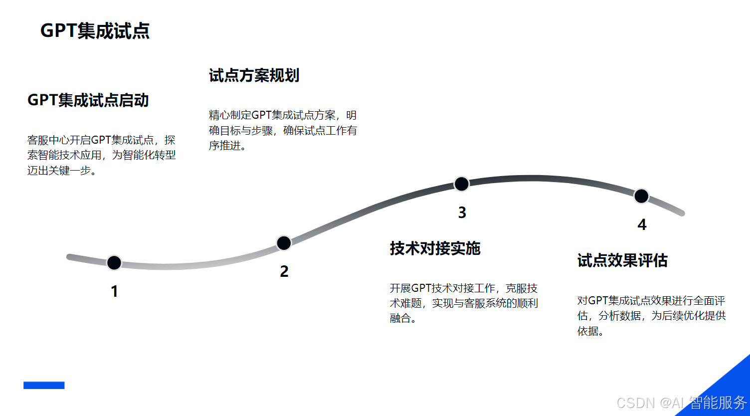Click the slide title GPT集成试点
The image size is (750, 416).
point(95,31)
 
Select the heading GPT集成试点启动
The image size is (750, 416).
point(88,100)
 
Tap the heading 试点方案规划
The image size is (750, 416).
point(254,75)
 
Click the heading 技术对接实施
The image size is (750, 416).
point(435,248)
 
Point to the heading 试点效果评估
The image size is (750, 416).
point(622,260)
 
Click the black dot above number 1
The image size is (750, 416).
point(114,262)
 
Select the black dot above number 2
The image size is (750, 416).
point(284,243)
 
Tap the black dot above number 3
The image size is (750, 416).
point(462,184)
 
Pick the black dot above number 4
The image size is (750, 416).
point(641,196)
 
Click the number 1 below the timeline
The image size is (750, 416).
point(115,291)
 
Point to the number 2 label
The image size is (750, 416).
point(284,271)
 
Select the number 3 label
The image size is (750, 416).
point(462,212)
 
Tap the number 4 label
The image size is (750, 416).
point(642,225)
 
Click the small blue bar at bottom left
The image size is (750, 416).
point(44,385)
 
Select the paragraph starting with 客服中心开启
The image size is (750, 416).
point(101,155)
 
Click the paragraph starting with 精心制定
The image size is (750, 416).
point(283,130)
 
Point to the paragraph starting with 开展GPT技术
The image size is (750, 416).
point(464,303)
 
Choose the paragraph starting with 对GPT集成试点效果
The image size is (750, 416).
point(651,316)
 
